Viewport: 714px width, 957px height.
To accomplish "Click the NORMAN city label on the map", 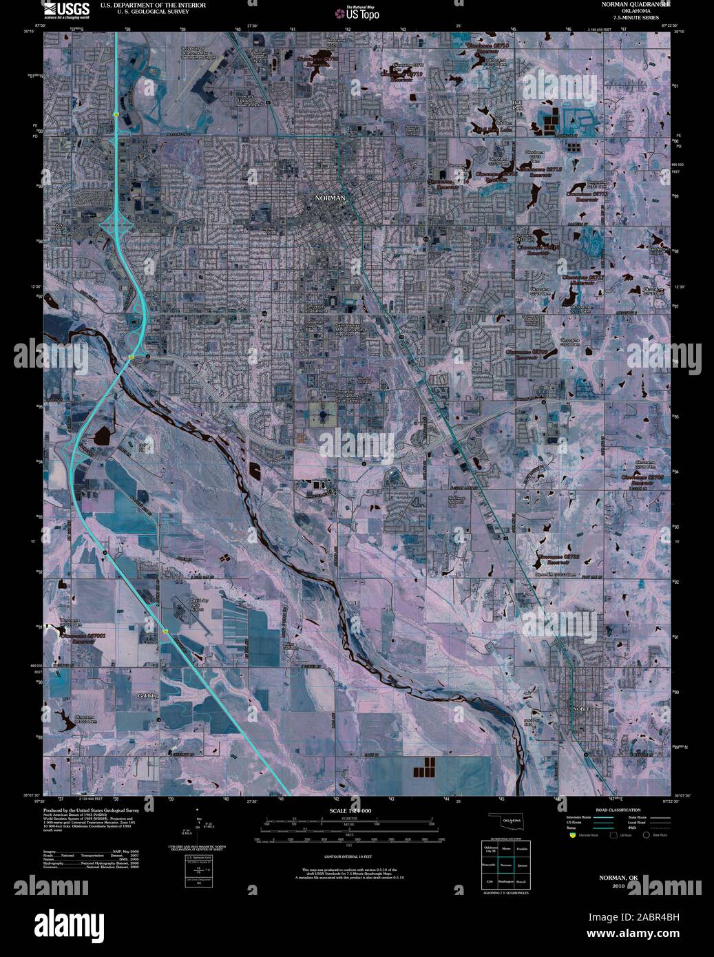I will [x=330, y=198].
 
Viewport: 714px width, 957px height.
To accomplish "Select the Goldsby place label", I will [x=148, y=695].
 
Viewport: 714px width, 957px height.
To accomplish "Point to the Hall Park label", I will [x=518, y=105].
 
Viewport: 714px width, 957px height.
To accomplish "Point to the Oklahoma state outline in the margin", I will [x=505, y=823].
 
